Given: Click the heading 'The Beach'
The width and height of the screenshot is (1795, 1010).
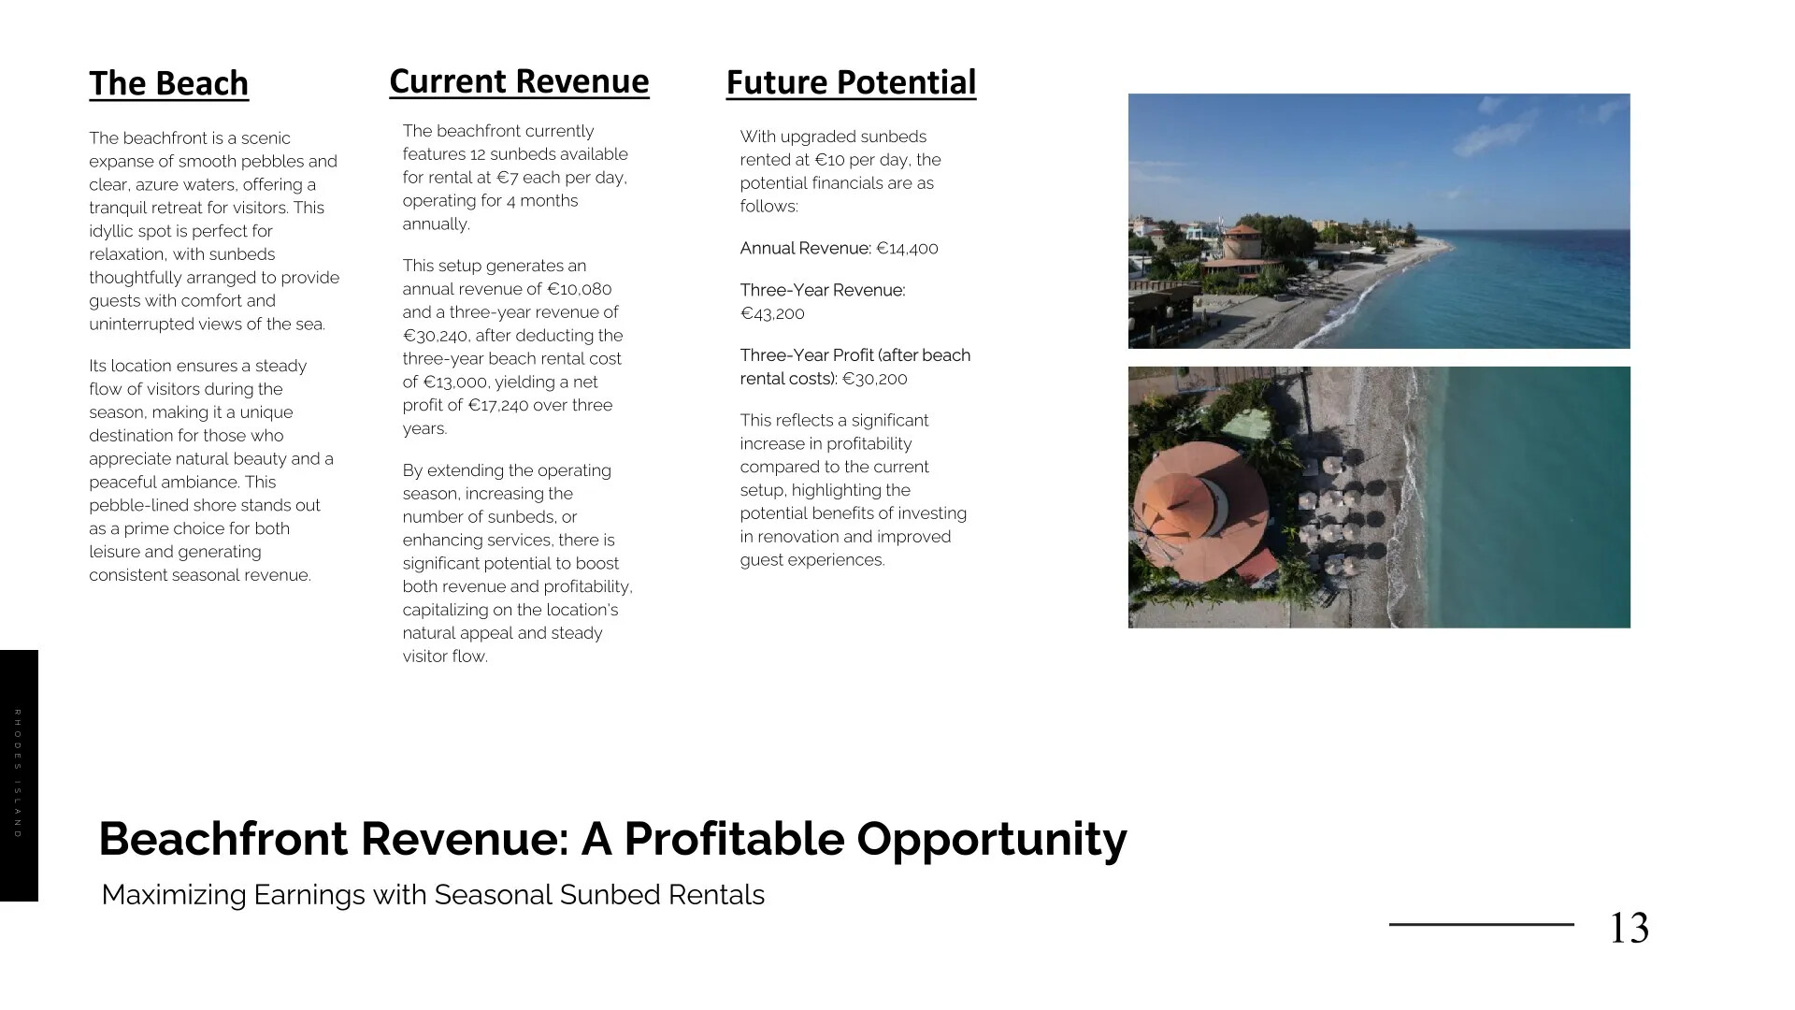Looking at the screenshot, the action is (169, 83).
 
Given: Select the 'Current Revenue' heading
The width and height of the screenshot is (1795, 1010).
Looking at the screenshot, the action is (519, 81).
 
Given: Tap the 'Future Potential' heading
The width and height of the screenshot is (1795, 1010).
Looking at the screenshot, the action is (851, 82).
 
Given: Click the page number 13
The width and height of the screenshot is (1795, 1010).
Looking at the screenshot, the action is (1629, 928).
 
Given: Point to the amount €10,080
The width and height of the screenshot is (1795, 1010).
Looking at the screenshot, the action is (579, 289).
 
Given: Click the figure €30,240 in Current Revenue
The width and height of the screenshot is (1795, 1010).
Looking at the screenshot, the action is (437, 336).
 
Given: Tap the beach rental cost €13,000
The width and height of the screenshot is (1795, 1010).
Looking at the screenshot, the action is (456, 382).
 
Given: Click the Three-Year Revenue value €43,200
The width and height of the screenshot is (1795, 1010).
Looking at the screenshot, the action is (772, 313).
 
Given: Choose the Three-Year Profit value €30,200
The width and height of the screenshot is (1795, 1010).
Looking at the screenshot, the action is (875, 379).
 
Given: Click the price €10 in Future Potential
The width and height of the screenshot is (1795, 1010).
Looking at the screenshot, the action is (830, 160).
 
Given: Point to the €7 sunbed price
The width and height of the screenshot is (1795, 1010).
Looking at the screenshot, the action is (508, 178).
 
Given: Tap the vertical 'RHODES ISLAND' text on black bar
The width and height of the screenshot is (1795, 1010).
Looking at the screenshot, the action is (18, 773).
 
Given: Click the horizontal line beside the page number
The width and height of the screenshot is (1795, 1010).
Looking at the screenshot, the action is (1482, 925).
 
